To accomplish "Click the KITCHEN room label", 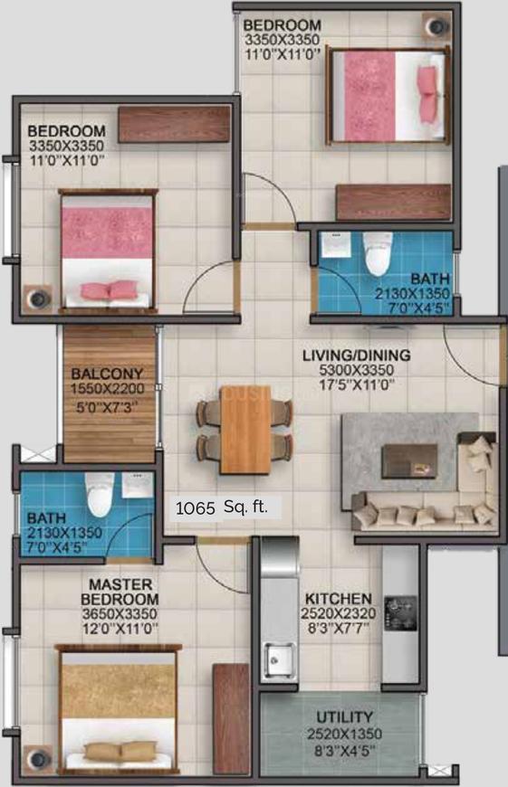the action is [339, 599].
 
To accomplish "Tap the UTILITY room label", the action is [345, 716].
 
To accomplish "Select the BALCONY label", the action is [107, 374].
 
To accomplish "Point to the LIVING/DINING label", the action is [356, 356].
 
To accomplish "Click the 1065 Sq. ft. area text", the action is [222, 508].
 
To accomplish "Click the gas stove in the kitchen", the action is [400, 612].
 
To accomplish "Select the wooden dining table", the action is [245, 430].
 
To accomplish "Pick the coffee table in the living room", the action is [409, 460].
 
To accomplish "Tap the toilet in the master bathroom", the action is [99, 495].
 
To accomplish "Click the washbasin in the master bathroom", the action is [137, 485].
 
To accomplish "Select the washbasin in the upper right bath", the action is [337, 245].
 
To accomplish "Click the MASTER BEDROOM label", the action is [120, 592].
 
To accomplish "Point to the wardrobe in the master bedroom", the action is [231, 719].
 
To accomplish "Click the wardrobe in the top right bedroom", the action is [393, 203].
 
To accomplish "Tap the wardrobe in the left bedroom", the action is [175, 124].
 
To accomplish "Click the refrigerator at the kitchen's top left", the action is [280, 557].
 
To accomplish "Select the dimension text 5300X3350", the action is [356, 370].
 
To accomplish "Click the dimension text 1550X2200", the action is [107, 388].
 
